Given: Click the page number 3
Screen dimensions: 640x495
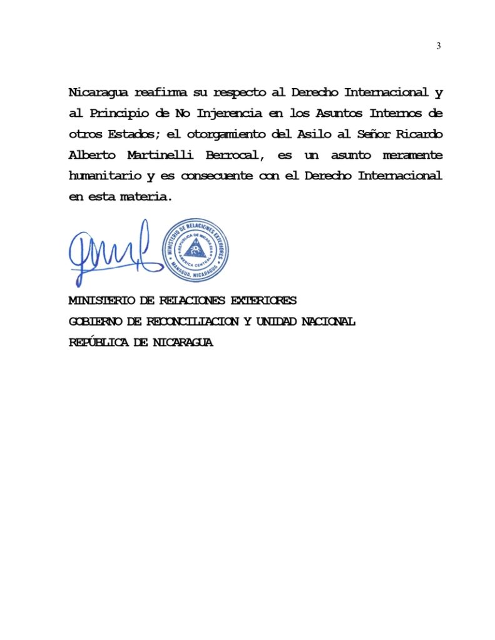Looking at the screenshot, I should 439,46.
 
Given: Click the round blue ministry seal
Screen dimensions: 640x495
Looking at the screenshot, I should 195,250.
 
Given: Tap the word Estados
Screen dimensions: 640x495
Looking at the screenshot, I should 135,134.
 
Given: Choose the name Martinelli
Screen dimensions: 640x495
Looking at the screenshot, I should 163,155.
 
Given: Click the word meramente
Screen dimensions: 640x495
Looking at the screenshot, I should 412,155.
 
